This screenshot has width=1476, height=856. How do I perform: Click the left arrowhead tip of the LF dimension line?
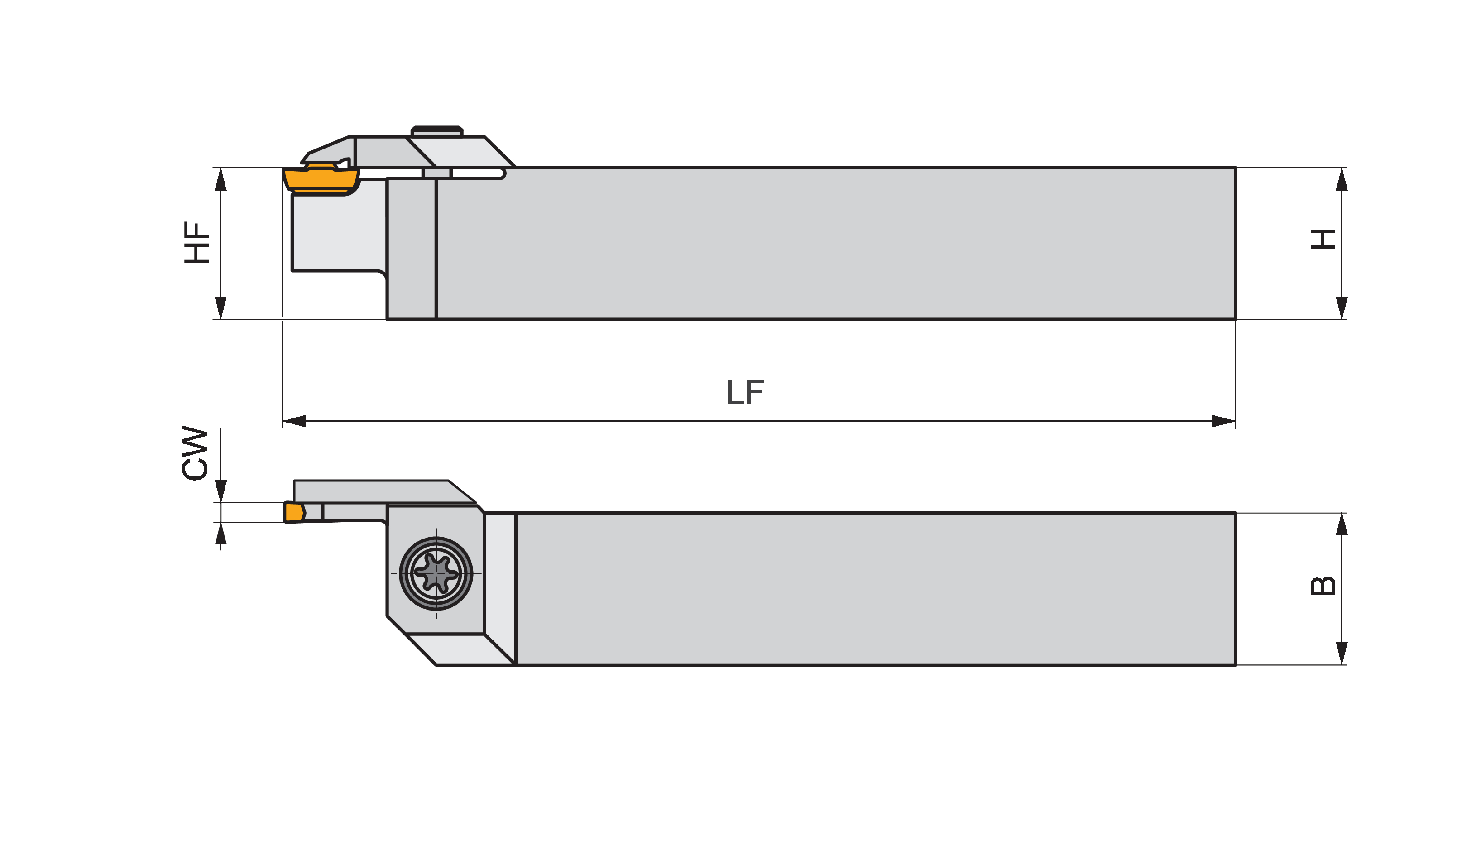pos(283,421)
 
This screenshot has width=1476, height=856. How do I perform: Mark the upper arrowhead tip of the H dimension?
pos(1342,168)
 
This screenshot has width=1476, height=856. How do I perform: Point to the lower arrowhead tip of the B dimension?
pos(1342,665)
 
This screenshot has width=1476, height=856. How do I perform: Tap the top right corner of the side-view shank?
pos(1236,168)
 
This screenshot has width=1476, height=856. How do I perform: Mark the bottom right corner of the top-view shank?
pos(1236,665)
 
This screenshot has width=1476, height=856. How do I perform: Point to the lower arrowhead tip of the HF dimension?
pos(221,319)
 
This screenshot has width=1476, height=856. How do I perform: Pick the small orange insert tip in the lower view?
pos(294,512)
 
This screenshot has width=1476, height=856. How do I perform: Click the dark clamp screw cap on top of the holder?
pos(437,130)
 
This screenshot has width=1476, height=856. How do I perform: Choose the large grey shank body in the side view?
pos(835,244)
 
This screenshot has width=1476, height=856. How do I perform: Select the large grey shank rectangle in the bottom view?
pos(876,589)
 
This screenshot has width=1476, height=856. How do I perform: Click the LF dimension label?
pos(745,392)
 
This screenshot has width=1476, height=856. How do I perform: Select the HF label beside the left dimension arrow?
pos(197,242)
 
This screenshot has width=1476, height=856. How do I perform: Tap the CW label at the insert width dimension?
pos(195,453)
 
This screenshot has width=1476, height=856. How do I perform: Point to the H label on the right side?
pos(1323,239)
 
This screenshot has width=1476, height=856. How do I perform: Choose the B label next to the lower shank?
pos(1323,586)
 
